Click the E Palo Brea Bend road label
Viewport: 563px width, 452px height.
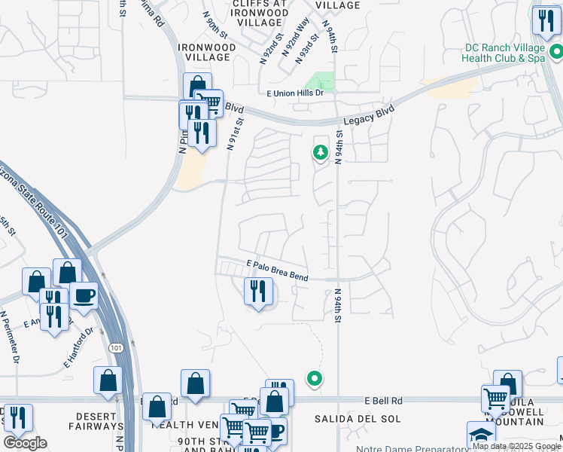pos(277,270)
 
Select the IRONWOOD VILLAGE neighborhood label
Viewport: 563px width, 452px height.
pos(207,53)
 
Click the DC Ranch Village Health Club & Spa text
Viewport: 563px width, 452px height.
pos(504,52)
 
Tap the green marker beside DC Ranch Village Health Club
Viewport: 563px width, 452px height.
pos(556,52)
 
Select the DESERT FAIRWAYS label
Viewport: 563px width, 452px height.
pos(96,421)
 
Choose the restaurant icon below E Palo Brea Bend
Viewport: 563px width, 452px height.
pos(257,290)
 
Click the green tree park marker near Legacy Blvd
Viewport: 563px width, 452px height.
pos(321,154)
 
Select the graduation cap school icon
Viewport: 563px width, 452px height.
pos(481,435)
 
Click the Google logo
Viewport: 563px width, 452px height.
pos(25,443)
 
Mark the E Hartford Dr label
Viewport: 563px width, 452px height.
pos(78,346)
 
